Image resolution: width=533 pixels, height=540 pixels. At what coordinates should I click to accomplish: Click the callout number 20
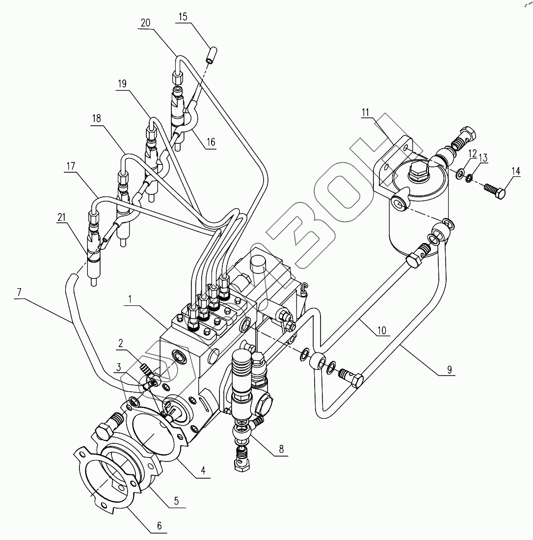click(145, 23)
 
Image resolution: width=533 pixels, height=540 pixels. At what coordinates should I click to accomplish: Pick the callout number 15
click(183, 16)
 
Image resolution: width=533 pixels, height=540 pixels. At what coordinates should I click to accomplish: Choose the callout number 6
click(159, 526)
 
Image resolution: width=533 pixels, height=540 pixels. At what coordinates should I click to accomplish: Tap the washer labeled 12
click(460, 174)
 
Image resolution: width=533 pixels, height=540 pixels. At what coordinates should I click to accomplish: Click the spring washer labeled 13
click(469, 178)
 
